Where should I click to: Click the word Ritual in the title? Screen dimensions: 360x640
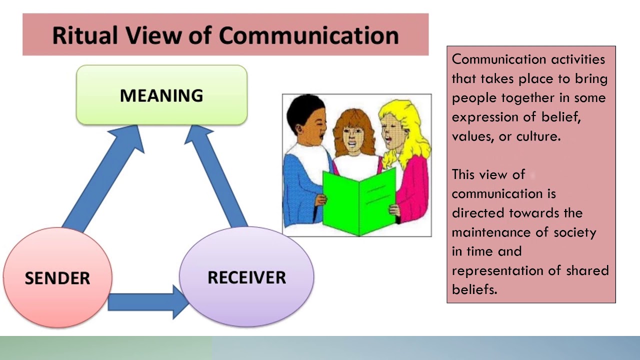83,35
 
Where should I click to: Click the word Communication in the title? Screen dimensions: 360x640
308,35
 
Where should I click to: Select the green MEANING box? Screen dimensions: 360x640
161,95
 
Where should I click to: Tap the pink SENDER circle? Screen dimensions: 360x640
57,278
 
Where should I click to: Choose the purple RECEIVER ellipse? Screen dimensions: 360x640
246,277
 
